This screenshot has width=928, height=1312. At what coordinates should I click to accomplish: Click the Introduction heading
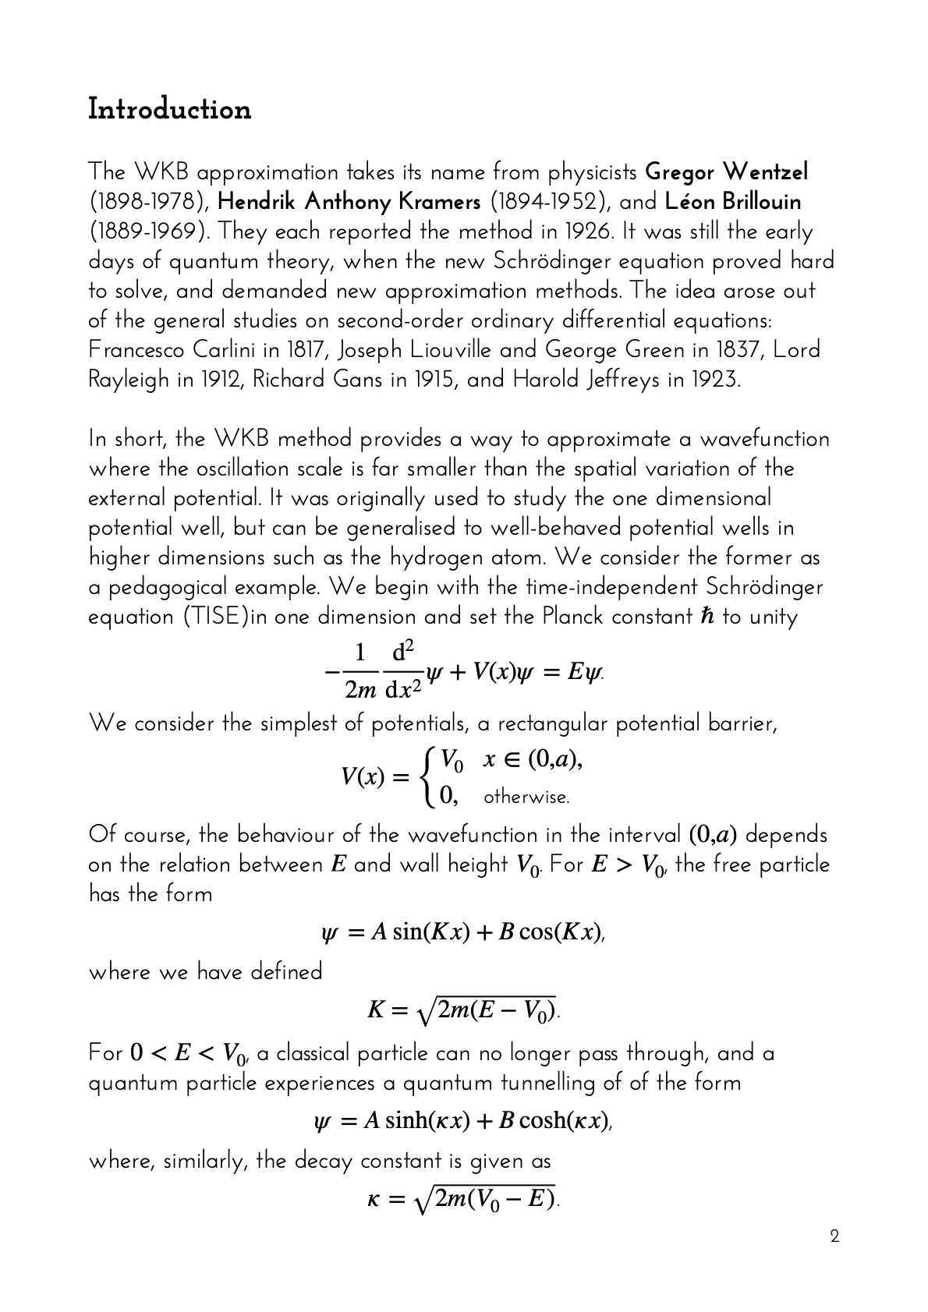tap(169, 110)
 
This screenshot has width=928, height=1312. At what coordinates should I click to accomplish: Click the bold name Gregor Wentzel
tap(727, 172)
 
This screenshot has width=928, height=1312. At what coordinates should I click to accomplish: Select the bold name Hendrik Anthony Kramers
tap(349, 202)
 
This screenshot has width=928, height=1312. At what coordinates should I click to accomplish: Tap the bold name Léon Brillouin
tap(732, 202)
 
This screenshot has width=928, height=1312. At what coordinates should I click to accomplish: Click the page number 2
tap(834, 1237)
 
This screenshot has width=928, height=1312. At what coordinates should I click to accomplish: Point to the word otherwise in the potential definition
tap(526, 797)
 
